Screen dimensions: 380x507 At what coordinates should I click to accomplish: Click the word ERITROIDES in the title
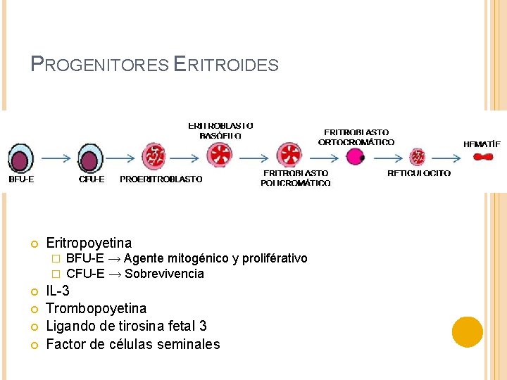[226, 65]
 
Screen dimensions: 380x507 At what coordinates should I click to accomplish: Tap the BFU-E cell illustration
[20, 156]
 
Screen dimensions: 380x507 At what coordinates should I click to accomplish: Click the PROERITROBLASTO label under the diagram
[161, 179]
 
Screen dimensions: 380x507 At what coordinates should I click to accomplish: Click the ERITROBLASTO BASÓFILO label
[220, 130]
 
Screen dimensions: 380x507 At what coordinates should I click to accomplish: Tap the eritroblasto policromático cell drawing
[289, 155]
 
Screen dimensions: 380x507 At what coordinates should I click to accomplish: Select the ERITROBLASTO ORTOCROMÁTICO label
[356, 137]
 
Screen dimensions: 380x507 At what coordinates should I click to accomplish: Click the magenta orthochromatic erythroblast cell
[355, 156]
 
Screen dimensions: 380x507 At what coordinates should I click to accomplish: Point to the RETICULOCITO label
[419, 173]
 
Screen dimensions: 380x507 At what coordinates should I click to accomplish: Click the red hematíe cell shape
[482, 157]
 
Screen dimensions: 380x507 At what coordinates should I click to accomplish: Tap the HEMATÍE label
[482, 144]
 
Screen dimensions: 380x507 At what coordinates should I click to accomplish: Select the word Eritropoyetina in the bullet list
[89, 243]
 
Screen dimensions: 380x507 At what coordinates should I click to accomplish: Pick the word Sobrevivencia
[164, 274]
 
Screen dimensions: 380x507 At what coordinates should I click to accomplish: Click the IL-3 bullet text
[58, 291]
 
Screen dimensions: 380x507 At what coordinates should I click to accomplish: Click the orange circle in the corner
[468, 331]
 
